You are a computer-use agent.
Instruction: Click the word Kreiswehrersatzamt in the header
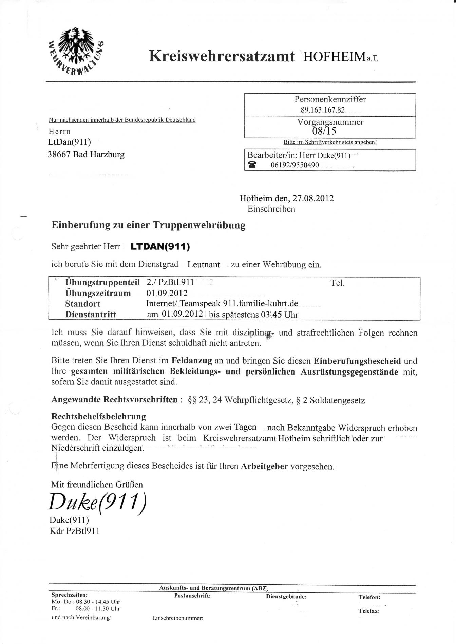tap(222, 56)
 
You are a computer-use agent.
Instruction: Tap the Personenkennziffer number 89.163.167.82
tap(322, 110)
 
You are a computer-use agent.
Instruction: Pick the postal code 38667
tap(59, 155)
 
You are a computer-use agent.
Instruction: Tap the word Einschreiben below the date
tap(271, 209)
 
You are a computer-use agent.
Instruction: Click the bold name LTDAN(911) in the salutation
tap(160, 247)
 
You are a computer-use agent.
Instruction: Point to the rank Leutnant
tap(204, 265)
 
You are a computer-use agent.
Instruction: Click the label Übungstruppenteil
tap(102, 282)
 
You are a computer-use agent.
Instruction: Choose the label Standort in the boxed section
tap(82, 304)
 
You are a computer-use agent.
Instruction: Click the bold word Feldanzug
tap(192, 361)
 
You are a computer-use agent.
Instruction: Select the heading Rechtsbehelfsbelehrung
tap(98, 416)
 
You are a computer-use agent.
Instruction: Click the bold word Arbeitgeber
tap(264, 467)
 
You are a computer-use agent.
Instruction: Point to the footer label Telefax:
tap(369, 611)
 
